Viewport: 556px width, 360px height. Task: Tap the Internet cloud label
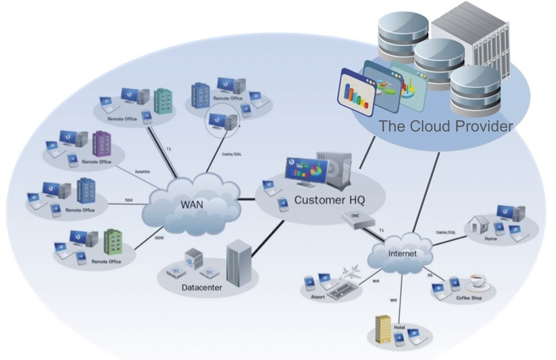[403, 254]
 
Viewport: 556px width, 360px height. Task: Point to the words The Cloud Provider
[445, 126]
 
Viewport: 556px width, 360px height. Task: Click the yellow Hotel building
[383, 329]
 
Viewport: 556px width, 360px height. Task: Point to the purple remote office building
[101, 144]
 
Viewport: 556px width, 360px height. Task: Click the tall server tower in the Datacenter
[239, 262]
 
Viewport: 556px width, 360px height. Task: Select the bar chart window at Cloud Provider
[356, 90]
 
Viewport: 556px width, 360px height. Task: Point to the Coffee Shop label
[469, 298]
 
